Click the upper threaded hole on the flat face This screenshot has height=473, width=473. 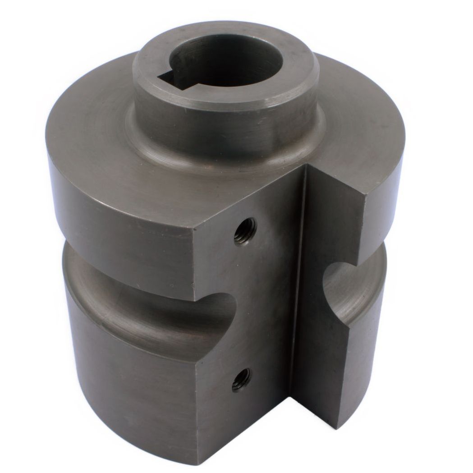click(x=245, y=231)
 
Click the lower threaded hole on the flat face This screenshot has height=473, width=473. click(x=242, y=380)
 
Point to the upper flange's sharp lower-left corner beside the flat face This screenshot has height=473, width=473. click(x=195, y=298)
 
